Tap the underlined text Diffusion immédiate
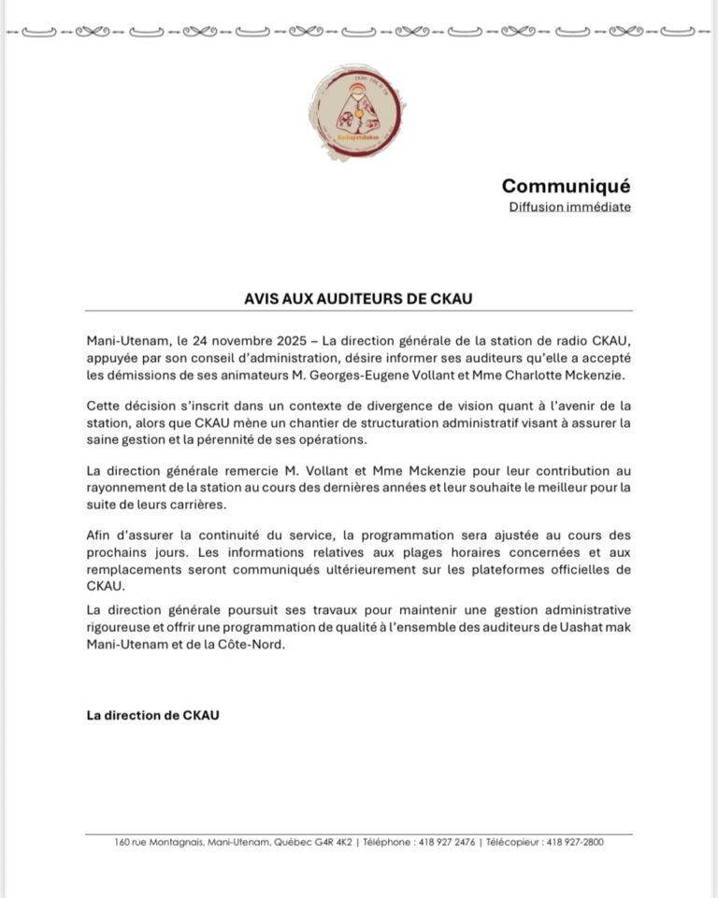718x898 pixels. coord(569,207)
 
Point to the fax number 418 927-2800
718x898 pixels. coord(576,842)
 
